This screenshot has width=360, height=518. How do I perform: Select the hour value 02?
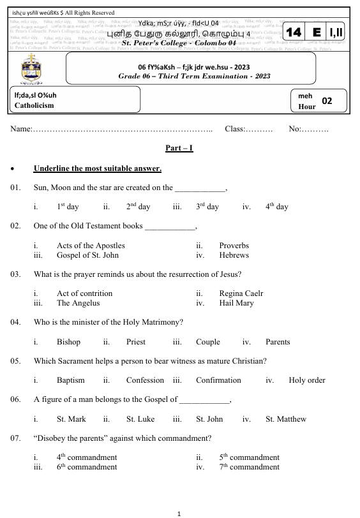pyautogui.click(x=327, y=101)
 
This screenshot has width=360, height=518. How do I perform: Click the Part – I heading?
pyautogui.click(x=179, y=148)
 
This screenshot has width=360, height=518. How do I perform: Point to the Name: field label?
pyautogui.click(x=21, y=129)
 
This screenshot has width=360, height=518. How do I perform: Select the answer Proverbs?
pyautogui.click(x=234, y=246)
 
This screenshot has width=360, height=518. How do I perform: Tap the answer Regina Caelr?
pyautogui.click(x=241, y=293)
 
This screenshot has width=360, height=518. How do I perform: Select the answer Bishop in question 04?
pyautogui.click(x=68, y=342)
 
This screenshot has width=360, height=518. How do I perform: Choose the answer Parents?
pyautogui.click(x=278, y=342)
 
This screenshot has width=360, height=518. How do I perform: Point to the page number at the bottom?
pyautogui.click(x=179, y=512)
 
